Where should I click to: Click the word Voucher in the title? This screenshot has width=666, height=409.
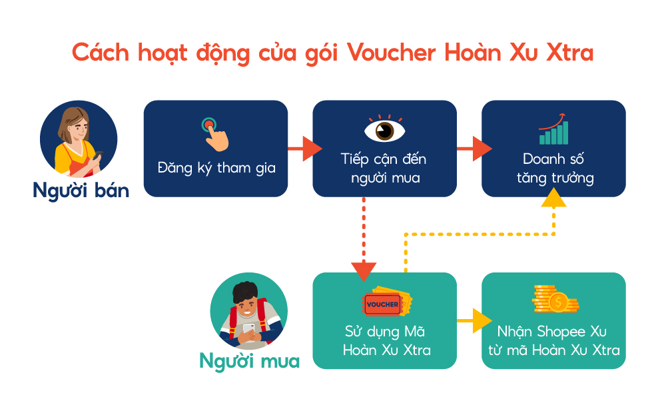[391, 53]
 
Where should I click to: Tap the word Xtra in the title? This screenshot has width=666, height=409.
[569, 53]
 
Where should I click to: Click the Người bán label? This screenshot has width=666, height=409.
[81, 191]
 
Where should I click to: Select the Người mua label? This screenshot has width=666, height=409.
[249, 362]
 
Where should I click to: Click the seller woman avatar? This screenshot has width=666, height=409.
[79, 139]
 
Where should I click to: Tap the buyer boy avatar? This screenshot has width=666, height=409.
[249, 311]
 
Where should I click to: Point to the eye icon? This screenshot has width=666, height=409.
[385, 129]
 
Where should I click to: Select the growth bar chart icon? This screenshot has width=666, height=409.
[553, 129]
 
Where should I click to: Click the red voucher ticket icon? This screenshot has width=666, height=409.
[386, 302]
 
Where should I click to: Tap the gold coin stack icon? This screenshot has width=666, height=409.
[555, 299]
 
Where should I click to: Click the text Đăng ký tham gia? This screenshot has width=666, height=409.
[216, 168]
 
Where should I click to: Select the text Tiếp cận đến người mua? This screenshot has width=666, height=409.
[384, 168]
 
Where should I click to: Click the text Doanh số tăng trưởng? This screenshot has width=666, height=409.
[555, 168]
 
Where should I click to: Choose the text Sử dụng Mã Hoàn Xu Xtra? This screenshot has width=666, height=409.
[386, 340]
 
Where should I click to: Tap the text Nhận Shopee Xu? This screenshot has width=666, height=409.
[551, 331]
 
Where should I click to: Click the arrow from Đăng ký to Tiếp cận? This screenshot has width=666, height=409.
[305, 149]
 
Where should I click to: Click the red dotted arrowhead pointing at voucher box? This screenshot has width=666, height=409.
[364, 272]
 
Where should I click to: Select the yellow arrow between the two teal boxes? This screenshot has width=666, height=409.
[474, 320]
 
